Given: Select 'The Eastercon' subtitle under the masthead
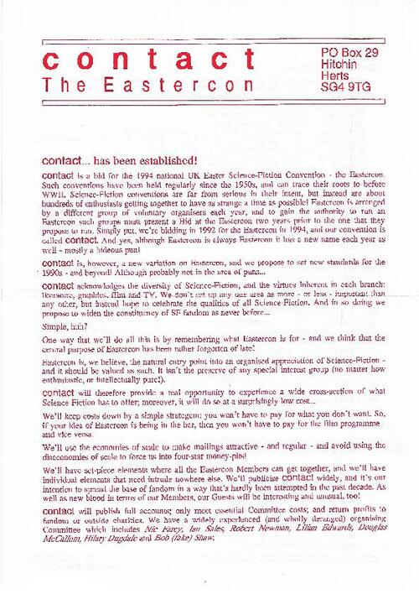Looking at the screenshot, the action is click(139, 86).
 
